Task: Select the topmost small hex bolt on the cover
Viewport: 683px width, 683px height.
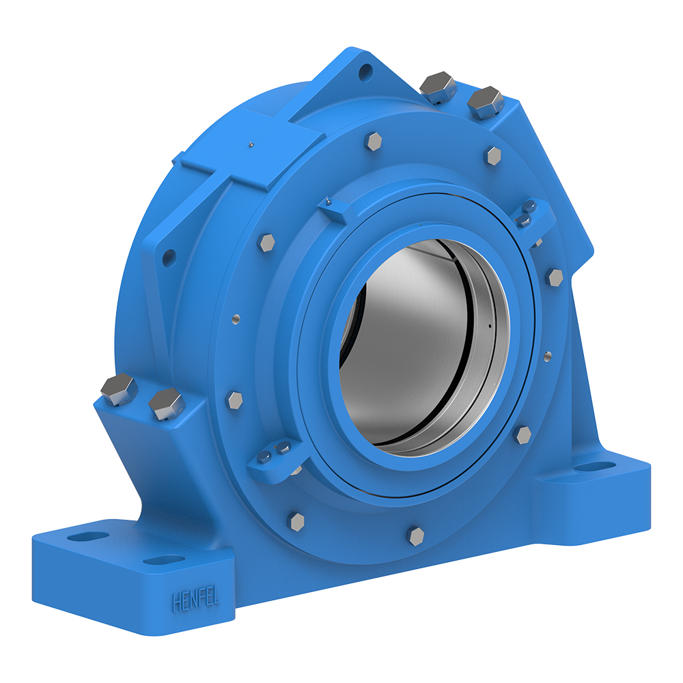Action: tap(374, 141)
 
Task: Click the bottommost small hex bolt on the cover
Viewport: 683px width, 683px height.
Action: tap(416, 535)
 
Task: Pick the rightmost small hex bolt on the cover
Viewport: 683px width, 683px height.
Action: tap(555, 277)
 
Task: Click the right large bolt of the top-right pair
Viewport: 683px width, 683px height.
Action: tap(485, 102)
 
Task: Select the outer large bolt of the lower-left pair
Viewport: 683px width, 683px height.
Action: tap(119, 389)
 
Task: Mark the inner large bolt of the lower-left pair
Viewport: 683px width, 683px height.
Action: tap(167, 404)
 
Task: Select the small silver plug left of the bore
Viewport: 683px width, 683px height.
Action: tap(235, 318)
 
